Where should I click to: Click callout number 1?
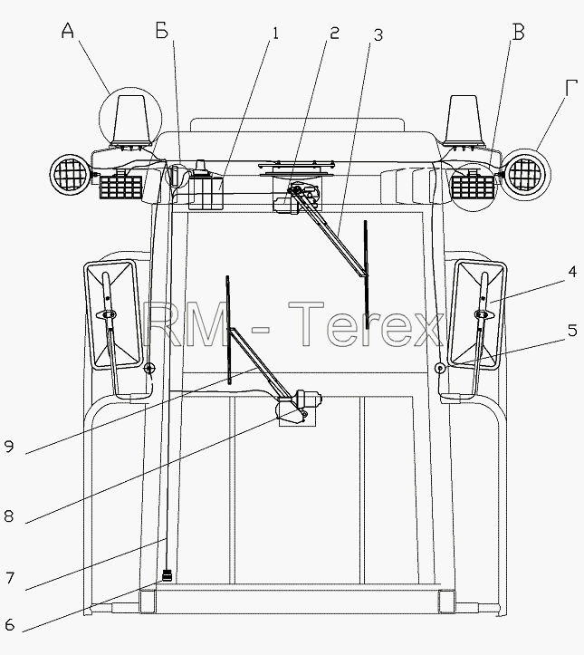(275, 33)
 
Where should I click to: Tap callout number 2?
(334, 33)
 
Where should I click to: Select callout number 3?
(378, 35)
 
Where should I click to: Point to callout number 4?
(572, 272)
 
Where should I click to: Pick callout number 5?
(572, 330)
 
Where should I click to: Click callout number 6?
(9, 624)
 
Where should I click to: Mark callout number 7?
(10, 578)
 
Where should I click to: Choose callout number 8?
(9, 516)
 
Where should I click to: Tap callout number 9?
(9, 446)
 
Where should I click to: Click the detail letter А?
(68, 31)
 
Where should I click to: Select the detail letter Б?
(162, 31)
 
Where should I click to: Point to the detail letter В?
(518, 32)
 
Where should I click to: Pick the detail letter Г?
(572, 88)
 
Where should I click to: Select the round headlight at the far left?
(70, 174)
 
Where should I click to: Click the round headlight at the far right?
(525, 174)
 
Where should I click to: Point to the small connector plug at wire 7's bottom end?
(167, 576)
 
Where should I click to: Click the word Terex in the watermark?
(366, 324)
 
